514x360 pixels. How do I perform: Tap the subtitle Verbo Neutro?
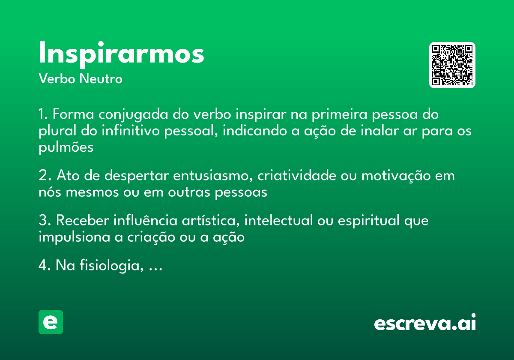[80, 79]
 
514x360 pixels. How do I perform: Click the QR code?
[452, 65]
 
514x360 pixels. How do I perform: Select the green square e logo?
[51, 322]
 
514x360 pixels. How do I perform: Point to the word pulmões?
[66, 147]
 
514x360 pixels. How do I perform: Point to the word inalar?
[362, 131]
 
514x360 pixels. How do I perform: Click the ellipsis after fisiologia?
[155, 267]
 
